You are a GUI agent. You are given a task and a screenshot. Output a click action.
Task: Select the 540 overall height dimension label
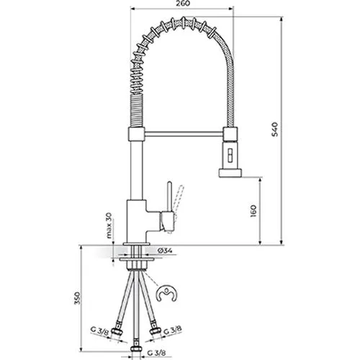[x=274, y=130]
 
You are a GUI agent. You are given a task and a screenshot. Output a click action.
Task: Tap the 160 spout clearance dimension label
[x=253, y=211]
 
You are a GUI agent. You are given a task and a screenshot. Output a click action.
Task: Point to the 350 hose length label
[x=77, y=298]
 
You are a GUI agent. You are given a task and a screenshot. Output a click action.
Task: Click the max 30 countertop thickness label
[x=109, y=225]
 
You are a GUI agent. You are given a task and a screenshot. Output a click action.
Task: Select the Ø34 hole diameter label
[x=165, y=251]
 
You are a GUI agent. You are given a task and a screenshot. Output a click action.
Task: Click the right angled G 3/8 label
[x=173, y=330]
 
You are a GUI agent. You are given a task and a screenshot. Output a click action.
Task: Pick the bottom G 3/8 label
[x=156, y=353]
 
